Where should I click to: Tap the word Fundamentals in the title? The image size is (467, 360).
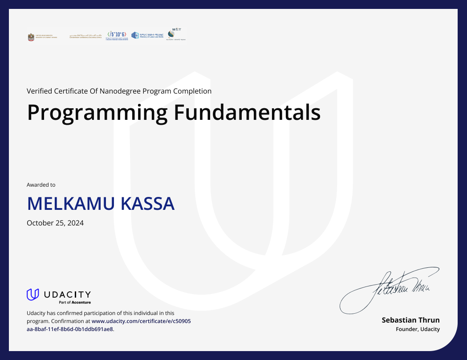tap(247, 113)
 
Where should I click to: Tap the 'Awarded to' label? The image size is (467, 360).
tap(41, 185)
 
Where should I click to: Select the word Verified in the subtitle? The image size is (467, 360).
tap(39, 91)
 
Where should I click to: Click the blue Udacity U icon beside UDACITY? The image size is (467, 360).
tap(33, 295)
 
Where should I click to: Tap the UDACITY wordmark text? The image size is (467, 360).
tap(67, 294)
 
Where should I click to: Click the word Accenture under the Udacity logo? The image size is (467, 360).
tap(81, 303)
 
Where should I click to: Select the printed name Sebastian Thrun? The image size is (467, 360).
tap(410, 320)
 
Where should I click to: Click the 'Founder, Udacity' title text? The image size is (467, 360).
tap(418, 329)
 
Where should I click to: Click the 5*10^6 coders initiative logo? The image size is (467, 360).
tap(117, 35)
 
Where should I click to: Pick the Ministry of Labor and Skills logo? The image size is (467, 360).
tap(147, 35)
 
